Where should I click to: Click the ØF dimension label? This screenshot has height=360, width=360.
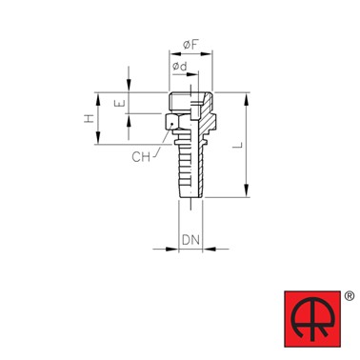[190, 45]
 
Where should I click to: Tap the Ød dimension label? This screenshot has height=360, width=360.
[180, 67]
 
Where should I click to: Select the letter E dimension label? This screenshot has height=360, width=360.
[122, 103]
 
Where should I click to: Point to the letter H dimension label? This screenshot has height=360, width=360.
[90, 119]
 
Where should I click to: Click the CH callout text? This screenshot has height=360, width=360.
[141, 157]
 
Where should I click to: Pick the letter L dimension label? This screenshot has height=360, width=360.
[237, 146]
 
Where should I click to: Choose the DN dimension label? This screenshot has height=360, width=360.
[190, 240]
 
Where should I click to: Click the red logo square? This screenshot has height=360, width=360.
[312, 319]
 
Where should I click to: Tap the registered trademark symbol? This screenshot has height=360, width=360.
[350, 296]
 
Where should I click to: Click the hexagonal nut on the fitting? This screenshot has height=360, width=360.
[172, 122]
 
